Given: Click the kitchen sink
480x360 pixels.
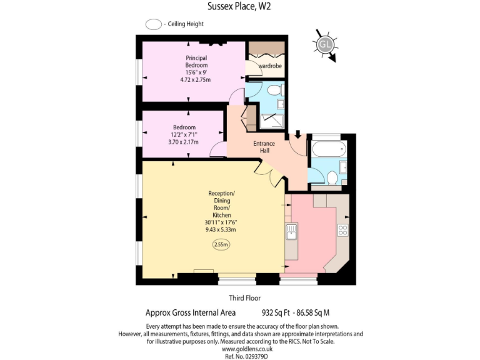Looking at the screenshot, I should pos(291,232).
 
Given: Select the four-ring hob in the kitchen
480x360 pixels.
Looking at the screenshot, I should pos(342,230).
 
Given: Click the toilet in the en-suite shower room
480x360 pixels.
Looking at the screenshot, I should pos(272,91).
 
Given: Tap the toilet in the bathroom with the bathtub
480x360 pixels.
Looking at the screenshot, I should pos(334,178).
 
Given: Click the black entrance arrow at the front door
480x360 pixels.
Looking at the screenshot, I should pos(297,134).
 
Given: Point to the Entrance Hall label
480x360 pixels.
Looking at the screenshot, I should pos(264,147).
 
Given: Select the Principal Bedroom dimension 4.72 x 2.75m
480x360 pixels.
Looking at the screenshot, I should pos(196,80).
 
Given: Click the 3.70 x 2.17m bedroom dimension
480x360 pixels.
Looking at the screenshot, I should pos(183,142).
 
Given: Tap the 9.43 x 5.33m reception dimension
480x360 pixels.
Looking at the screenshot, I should pos(221,229).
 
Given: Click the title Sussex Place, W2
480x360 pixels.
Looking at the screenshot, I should pos(239,7).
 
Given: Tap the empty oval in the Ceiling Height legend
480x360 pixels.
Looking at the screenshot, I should pos(153,24).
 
